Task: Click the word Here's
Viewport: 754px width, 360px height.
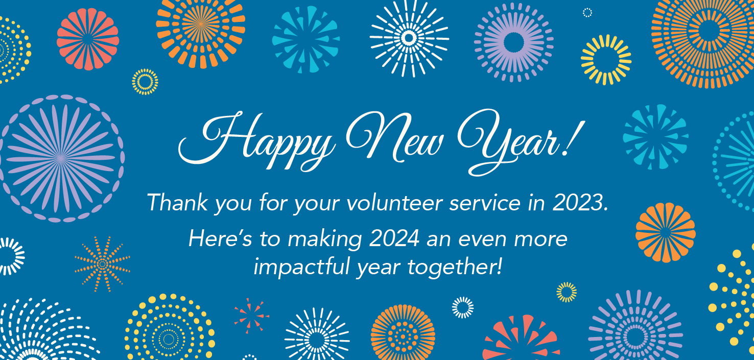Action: coord(220,238)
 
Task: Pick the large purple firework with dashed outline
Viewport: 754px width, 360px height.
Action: coord(61,158)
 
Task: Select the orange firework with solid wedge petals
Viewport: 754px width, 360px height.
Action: coord(665,232)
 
